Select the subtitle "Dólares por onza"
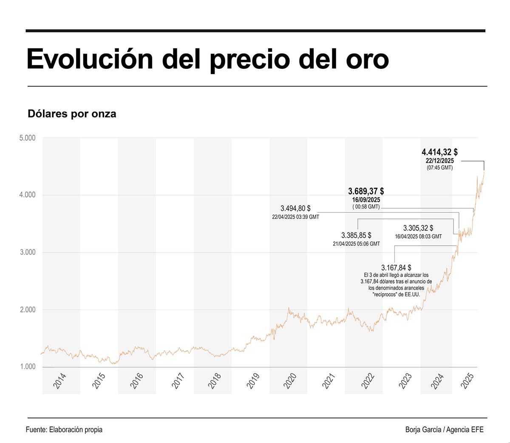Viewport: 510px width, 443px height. point(72,114)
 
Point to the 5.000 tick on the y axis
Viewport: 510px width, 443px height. point(28,138)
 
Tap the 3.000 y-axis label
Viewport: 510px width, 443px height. point(28,252)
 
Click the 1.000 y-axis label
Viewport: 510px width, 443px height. point(28,367)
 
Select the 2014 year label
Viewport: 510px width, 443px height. point(59,381)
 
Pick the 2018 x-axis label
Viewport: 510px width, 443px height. point(214,381)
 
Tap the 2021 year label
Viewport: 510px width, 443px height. point(329,381)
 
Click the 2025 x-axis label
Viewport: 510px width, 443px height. point(467,381)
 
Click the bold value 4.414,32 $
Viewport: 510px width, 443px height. point(439,152)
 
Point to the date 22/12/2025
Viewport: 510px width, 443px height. point(440,161)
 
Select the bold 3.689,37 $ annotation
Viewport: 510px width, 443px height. point(366,191)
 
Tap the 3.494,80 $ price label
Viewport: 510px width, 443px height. point(295,208)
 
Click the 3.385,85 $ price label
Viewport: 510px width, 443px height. point(356,235)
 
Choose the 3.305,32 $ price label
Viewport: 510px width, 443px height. point(418,228)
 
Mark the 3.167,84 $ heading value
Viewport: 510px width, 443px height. point(396,268)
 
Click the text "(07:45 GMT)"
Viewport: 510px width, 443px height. point(440,168)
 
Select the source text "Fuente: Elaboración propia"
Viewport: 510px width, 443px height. point(64,429)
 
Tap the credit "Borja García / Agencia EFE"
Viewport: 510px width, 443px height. point(445,429)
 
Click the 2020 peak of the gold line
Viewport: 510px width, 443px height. point(289,308)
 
